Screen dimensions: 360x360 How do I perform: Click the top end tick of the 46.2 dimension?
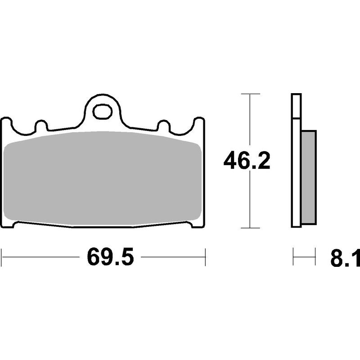pos(251,94)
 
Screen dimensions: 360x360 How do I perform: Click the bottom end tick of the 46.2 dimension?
pos(251,228)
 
